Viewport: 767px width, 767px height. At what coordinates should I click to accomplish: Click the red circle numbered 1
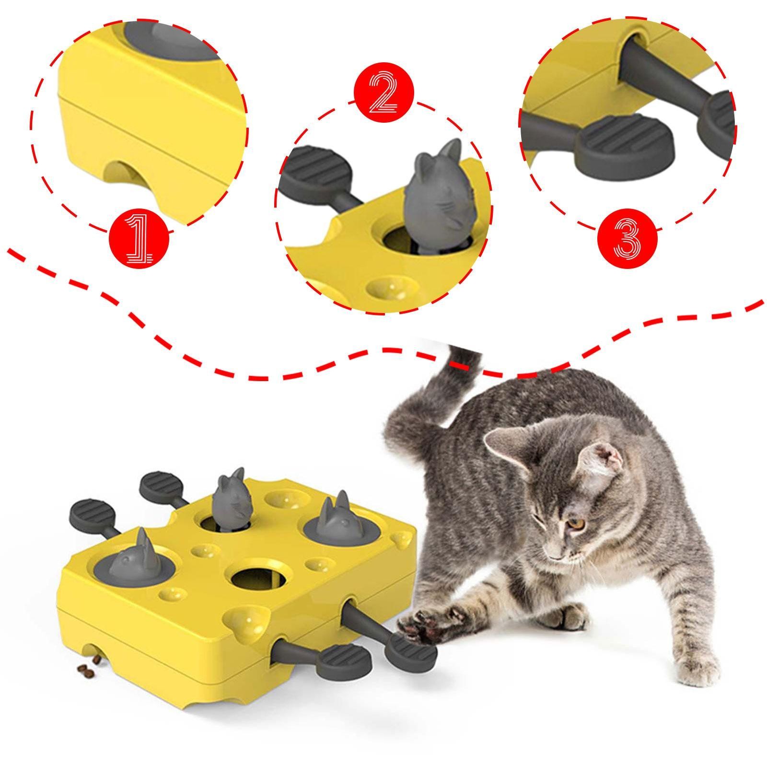tap(139, 238)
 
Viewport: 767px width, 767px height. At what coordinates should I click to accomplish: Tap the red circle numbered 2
tap(383, 94)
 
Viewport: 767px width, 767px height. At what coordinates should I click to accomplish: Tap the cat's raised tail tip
tap(463, 355)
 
